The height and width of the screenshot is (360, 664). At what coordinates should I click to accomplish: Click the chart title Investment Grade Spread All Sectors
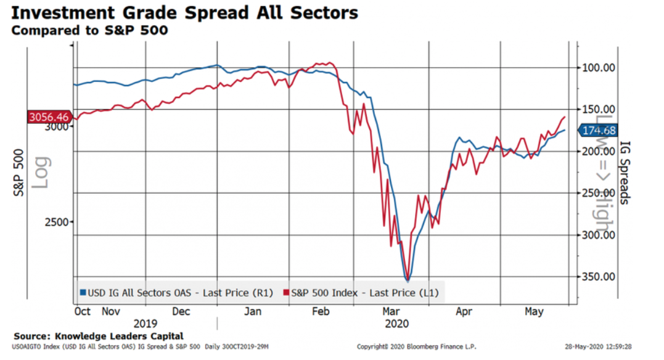(x=184, y=12)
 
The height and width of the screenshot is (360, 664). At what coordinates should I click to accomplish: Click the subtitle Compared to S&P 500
(x=89, y=30)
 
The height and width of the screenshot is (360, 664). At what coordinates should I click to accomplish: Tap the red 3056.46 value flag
(x=49, y=117)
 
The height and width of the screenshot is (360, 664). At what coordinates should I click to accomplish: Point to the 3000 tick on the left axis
(x=57, y=126)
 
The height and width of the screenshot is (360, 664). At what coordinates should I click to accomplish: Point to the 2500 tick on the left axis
(x=57, y=221)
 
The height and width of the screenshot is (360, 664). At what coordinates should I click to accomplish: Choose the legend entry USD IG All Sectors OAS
(x=173, y=292)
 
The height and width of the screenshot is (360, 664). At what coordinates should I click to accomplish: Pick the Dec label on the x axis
(x=181, y=312)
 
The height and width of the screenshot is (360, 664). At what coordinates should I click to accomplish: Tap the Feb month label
(x=321, y=312)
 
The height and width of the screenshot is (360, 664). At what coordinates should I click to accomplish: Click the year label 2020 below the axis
(x=396, y=323)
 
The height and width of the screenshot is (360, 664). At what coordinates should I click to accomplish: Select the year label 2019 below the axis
(x=146, y=323)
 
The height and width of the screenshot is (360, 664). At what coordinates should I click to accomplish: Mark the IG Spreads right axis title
(x=623, y=173)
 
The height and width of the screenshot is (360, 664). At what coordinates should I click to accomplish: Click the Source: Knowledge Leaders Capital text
(x=99, y=336)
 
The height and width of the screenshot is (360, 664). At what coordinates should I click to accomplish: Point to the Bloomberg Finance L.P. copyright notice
(x=417, y=347)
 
